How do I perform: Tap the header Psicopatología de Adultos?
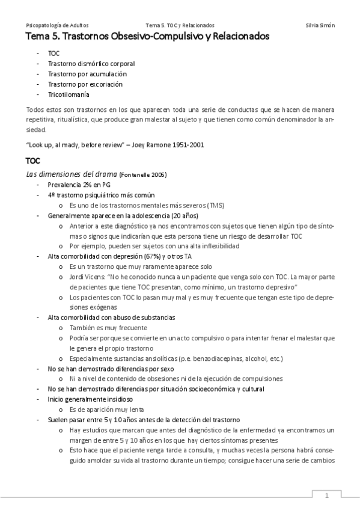(58, 25)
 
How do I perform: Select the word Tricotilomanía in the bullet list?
(69, 95)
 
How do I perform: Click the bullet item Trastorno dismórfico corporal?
(91, 63)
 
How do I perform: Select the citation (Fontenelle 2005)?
(143, 175)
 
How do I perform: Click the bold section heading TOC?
(34, 161)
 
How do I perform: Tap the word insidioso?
(115, 399)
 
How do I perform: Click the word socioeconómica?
(198, 389)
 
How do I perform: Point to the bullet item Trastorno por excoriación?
(85, 84)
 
